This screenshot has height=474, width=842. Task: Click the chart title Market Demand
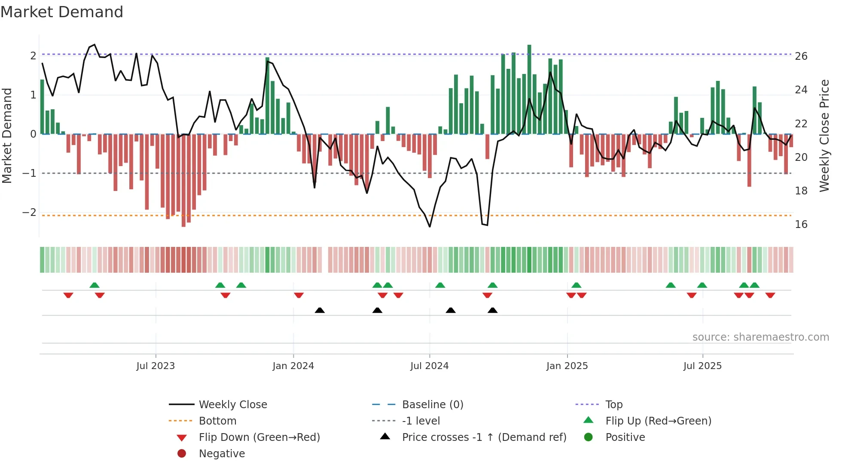point(62,12)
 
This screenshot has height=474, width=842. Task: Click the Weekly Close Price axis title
point(824,135)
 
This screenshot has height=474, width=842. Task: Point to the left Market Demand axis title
point(7,135)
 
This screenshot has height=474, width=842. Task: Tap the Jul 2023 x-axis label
point(156,366)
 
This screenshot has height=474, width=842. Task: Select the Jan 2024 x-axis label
point(293,366)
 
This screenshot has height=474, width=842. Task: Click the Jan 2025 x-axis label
point(567,366)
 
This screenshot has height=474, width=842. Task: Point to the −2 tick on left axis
point(29,212)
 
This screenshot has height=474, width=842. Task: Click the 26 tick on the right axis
point(801,56)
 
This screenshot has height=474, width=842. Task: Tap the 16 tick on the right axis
point(801,225)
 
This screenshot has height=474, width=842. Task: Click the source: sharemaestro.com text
point(760,337)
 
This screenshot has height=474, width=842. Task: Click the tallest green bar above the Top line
point(529,49)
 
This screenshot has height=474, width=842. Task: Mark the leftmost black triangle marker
point(320,311)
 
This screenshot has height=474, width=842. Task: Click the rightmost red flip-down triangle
point(770,295)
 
